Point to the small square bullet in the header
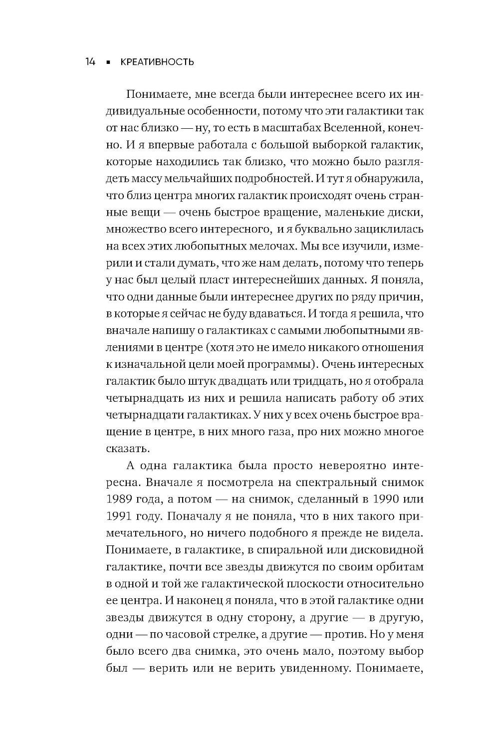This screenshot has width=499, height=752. tap(107, 62)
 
